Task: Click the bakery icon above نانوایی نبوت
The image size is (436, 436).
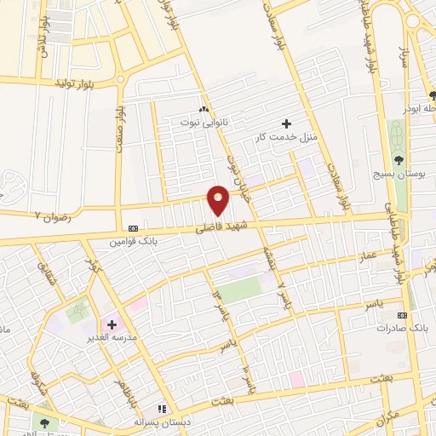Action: tap(203, 110)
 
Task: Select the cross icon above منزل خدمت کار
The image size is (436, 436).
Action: tap(286, 123)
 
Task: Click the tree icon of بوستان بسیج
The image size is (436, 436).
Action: tap(399, 159)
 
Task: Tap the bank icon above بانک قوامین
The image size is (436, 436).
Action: tap(133, 228)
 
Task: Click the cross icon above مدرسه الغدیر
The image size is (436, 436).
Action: tap(112, 324)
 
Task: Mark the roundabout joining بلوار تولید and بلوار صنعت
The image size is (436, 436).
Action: tap(120, 80)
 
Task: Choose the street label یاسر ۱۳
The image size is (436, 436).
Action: tap(222, 307)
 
